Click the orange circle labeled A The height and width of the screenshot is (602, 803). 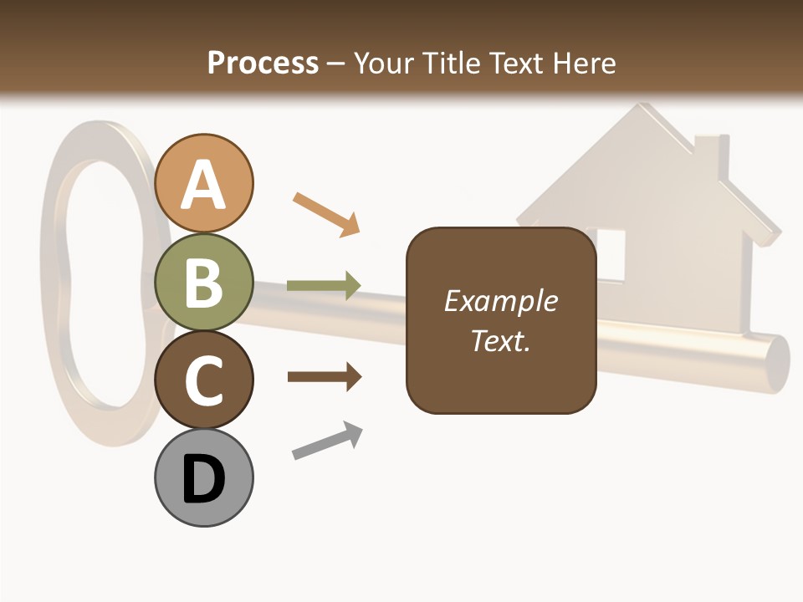point(204,183)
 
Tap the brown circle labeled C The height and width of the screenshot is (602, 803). point(204,380)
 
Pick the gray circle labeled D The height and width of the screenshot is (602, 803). point(204,477)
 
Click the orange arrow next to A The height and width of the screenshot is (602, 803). point(327,212)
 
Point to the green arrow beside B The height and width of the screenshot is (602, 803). point(324,285)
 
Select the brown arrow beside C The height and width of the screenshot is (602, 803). point(325,377)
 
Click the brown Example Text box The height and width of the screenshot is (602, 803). point(501,320)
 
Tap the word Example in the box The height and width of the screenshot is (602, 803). point(501,300)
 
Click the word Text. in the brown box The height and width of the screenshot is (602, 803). point(501,340)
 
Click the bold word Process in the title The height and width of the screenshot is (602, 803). point(263,63)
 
